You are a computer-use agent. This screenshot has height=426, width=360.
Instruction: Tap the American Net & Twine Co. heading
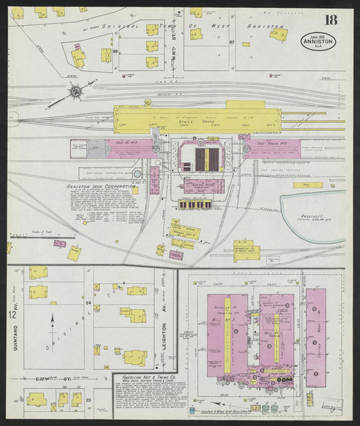[149, 377]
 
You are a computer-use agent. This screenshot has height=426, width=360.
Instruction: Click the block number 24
[88, 303]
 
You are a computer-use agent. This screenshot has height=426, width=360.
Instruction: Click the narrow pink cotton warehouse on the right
[315, 338]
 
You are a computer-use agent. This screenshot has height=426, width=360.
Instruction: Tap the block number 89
[115, 51]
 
